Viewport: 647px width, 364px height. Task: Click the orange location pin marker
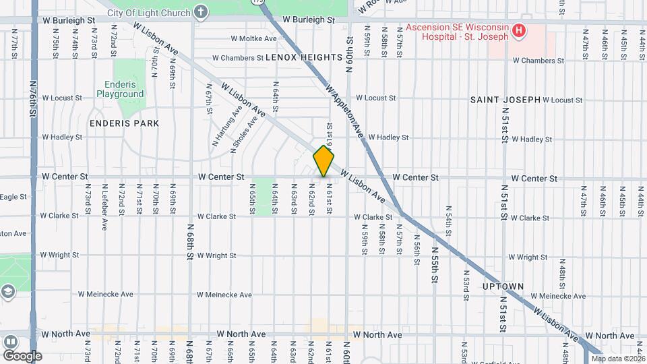[x=323, y=161]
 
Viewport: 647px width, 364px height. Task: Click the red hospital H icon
[x=518, y=30]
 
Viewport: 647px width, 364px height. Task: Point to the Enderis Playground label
[x=125, y=89]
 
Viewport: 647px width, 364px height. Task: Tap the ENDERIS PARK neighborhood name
[x=124, y=123]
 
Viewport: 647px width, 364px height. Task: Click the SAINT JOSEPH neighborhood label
[x=505, y=100]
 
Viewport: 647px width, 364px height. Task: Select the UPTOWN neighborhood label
[x=503, y=286]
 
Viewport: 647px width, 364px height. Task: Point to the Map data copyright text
[x=618, y=359]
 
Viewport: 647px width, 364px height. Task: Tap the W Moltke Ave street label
[x=253, y=38]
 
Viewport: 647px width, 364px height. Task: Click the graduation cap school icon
[x=8, y=292]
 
